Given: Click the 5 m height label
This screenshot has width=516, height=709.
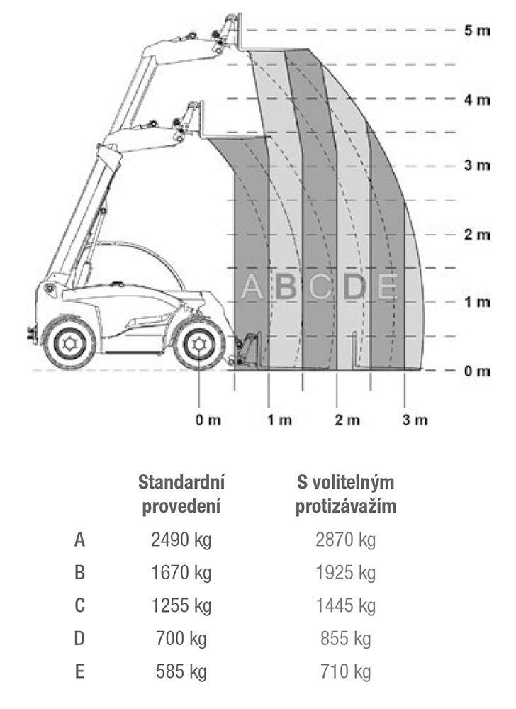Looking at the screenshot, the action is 477,30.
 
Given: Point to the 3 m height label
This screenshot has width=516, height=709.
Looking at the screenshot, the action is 477,165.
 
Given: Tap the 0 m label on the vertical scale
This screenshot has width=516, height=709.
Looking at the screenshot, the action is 477,372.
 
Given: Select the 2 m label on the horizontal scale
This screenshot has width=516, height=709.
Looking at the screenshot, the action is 347,420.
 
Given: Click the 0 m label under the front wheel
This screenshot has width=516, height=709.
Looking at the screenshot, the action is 208,420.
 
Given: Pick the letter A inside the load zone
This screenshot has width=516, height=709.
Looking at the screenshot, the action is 252,286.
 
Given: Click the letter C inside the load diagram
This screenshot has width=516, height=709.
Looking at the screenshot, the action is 321,286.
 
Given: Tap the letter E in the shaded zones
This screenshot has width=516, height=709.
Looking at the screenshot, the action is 387,286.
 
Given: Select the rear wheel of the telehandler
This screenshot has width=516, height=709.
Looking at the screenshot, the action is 69,343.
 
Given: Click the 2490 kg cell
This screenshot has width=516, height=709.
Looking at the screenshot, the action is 181,540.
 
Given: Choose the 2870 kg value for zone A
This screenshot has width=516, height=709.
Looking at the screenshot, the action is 346,540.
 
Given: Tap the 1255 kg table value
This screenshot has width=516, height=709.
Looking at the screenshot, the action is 181,606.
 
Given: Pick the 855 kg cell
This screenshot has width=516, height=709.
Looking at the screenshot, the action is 346,639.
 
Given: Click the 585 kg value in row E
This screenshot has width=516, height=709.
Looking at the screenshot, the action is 181,672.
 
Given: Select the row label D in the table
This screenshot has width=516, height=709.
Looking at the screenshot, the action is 79,639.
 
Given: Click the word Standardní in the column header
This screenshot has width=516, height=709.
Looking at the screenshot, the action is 181,482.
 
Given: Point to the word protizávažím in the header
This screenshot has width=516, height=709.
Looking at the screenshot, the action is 346,506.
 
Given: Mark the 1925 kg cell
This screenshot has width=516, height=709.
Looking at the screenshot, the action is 346,573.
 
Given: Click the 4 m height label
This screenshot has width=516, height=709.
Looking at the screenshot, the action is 477,100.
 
